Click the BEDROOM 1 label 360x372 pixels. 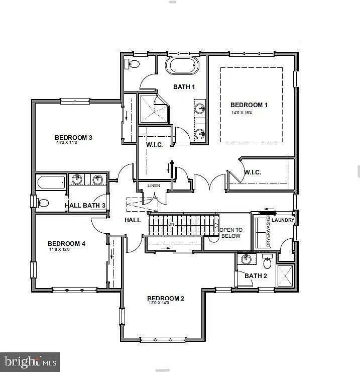click(x=249, y=105)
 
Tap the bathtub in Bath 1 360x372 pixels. click(x=182, y=66)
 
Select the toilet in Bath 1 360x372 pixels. click(x=133, y=64)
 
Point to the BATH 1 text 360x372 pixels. click(x=184, y=87)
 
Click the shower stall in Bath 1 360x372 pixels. click(x=154, y=109)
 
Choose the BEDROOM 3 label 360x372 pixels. click(x=73, y=137)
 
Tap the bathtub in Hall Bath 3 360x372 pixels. click(x=51, y=182)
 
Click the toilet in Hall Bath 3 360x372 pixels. click(x=42, y=203)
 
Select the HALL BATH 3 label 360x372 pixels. click(x=85, y=206)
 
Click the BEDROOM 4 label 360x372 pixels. click(x=67, y=244)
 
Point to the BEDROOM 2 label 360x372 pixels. click(x=166, y=299)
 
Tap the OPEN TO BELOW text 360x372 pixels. click(x=231, y=233)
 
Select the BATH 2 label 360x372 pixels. click(x=256, y=275)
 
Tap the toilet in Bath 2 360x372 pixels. click(x=267, y=261)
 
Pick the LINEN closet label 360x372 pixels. click(x=154, y=185)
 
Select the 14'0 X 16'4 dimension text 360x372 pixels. click(x=242, y=113)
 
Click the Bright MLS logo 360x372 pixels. click(x=30, y=361)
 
